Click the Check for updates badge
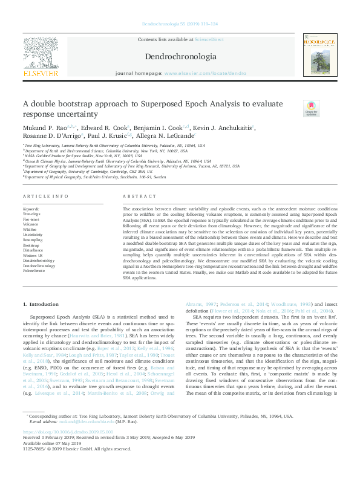tap(311, 108)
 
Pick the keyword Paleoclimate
tap(34, 271)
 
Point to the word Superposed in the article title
tap(164, 103)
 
